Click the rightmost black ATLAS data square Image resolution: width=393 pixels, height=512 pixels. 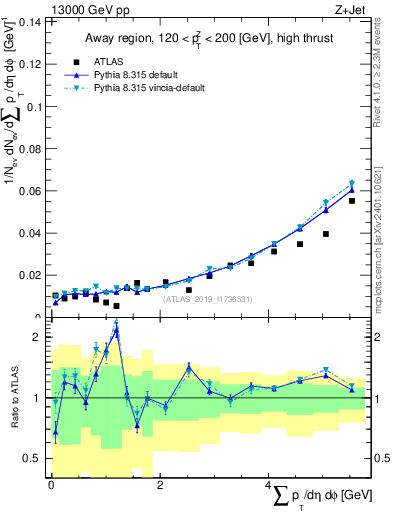[x=352, y=201]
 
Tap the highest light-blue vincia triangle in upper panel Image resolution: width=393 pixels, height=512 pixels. [x=352, y=183]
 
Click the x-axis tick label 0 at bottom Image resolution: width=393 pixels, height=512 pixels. [x=51, y=485]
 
